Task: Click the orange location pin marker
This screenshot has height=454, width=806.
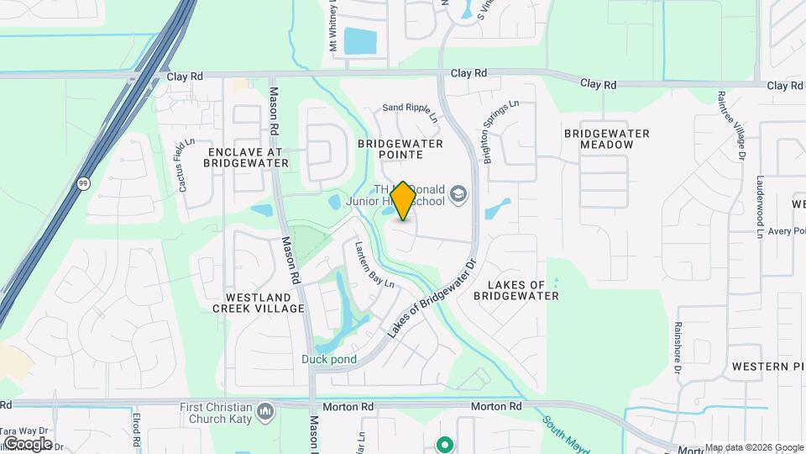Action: (403, 201)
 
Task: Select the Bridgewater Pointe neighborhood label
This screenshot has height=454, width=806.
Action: (400, 149)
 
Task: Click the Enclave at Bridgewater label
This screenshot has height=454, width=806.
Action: (245, 156)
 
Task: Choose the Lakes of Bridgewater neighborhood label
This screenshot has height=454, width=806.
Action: (516, 290)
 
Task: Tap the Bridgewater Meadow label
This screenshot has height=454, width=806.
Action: (607, 139)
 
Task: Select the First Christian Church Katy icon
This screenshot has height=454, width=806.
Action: (266, 411)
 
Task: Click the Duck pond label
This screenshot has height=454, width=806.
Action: (329, 359)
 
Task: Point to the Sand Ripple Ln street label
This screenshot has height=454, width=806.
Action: (411, 109)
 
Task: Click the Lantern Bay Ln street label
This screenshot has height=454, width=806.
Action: (374, 265)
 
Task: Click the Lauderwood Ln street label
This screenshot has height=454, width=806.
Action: (760, 207)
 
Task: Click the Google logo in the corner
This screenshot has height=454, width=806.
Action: (28, 443)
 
